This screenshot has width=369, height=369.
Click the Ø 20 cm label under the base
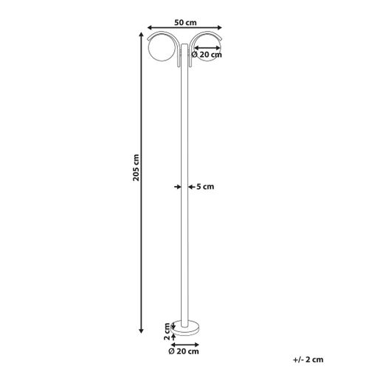pos(187,353)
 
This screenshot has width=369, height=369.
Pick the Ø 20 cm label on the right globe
pos(207,55)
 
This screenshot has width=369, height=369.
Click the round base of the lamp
pos(182,328)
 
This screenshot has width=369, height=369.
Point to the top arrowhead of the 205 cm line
pos(142,35)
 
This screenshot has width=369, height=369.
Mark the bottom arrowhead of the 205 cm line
pos(142,329)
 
